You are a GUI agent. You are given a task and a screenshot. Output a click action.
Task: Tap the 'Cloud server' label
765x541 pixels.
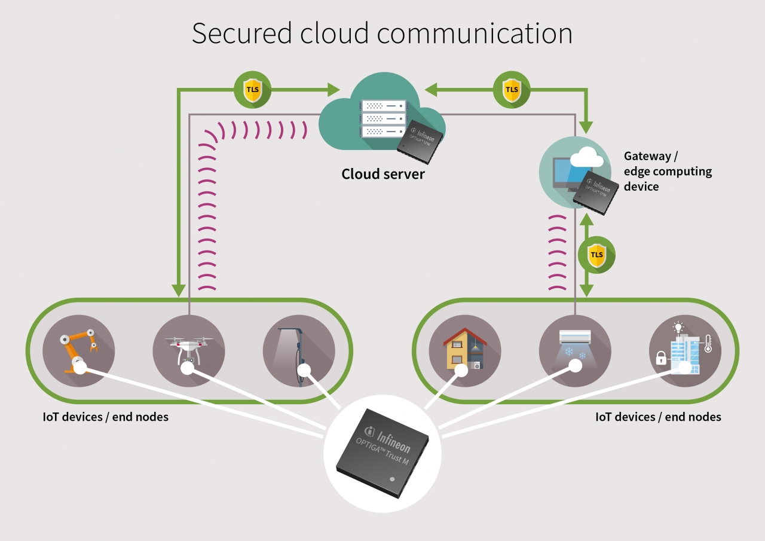tap(383, 174)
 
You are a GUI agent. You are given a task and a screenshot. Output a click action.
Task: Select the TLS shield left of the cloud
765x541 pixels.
tap(252, 90)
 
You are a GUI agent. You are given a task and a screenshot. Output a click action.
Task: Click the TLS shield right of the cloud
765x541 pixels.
tap(512, 90)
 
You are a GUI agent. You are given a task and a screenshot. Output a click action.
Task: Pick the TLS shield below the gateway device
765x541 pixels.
tap(596, 255)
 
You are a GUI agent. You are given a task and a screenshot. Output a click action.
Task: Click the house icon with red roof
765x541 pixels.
tap(464, 351)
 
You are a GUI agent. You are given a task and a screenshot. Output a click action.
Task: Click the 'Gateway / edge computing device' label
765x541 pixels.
tap(668, 171)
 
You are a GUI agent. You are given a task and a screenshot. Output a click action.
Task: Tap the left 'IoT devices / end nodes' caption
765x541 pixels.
tap(105, 417)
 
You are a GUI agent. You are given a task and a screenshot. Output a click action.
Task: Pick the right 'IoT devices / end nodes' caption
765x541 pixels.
tap(658, 417)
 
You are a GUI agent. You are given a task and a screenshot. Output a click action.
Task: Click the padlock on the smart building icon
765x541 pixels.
tap(661, 358)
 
